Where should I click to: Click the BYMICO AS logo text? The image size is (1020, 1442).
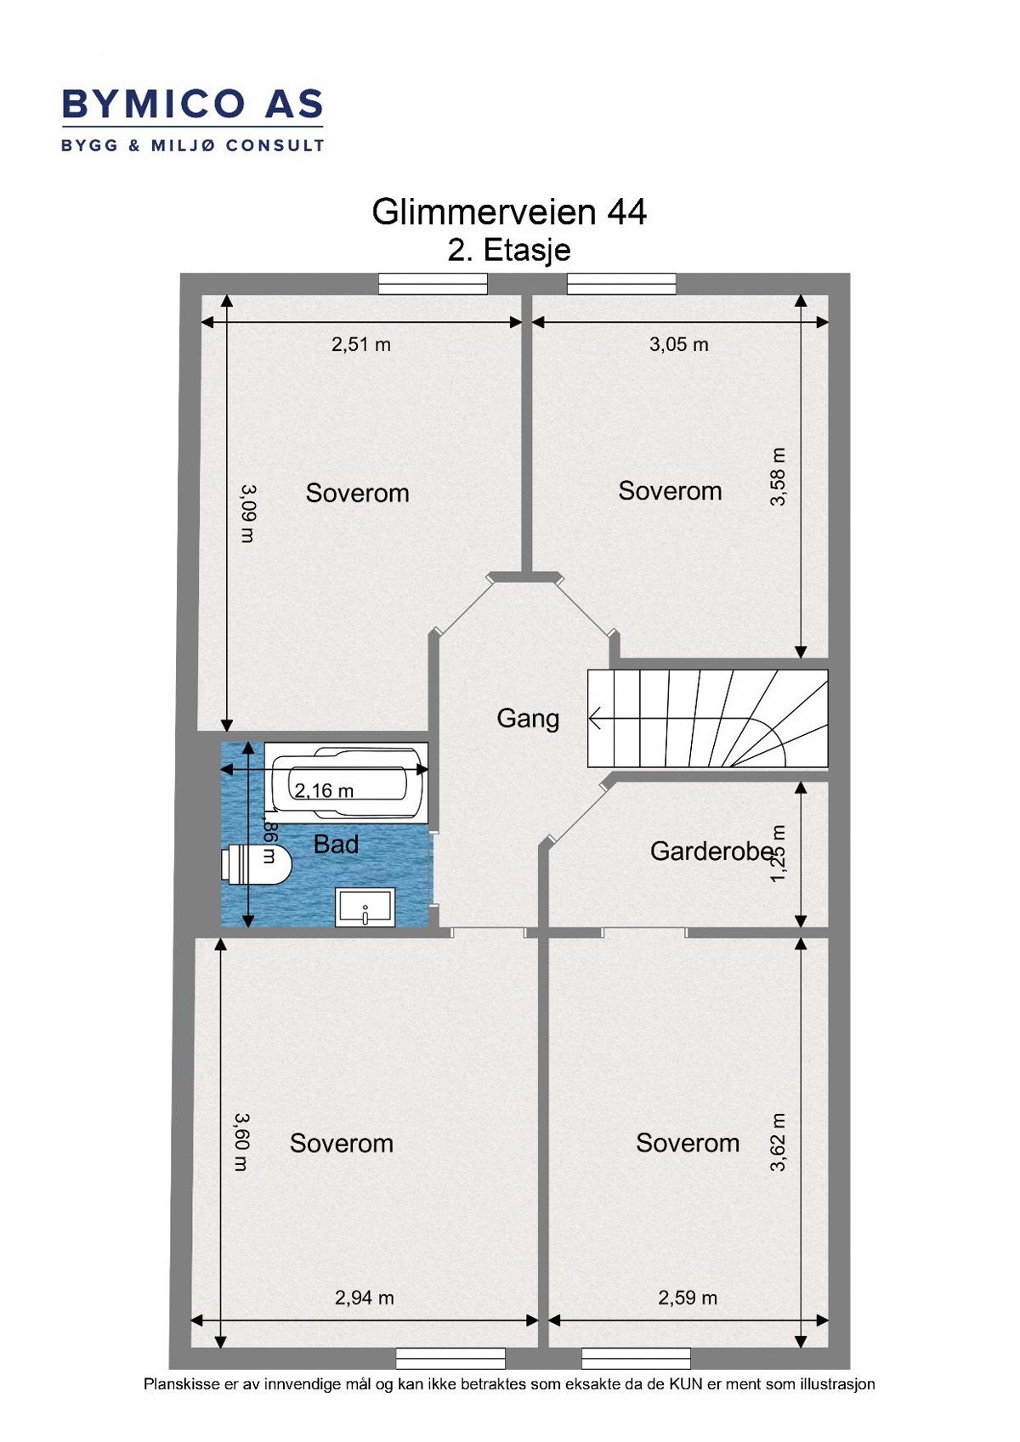(x=192, y=105)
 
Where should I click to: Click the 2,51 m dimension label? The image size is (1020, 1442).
(x=361, y=344)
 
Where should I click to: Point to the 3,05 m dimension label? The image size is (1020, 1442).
(x=678, y=344)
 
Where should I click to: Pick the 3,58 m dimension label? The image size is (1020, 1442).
(x=778, y=477)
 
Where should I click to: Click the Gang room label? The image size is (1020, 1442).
(x=528, y=719)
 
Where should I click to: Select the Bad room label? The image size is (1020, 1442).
(x=336, y=845)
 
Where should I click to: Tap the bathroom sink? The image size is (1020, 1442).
(x=365, y=908)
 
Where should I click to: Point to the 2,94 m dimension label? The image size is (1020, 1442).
(x=364, y=1298)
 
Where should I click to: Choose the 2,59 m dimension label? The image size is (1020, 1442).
(x=687, y=1298)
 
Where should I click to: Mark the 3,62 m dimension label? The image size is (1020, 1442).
(x=778, y=1143)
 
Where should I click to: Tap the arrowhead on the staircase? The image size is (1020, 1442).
(x=595, y=720)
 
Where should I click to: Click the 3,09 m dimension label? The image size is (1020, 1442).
(x=247, y=513)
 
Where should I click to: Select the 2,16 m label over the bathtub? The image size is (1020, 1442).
(x=324, y=791)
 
